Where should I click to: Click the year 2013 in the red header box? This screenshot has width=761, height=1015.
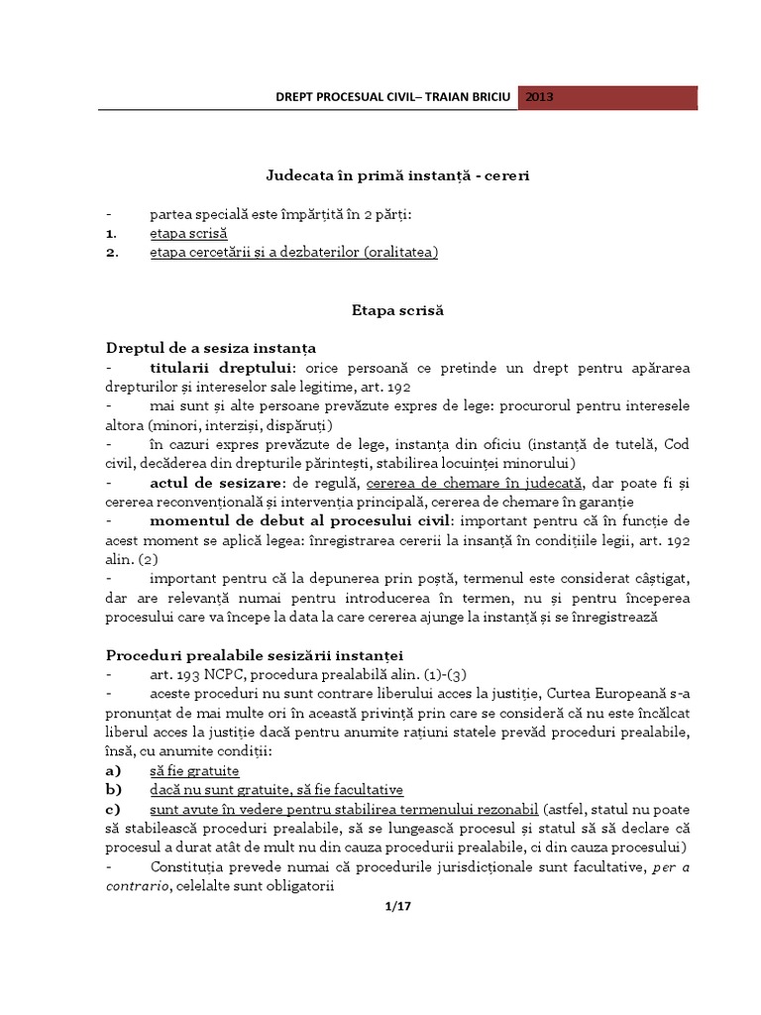coord(540,97)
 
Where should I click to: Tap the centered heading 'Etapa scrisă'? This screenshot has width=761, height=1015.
coord(384,310)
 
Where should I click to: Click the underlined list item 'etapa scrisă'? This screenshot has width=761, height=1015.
coord(188,233)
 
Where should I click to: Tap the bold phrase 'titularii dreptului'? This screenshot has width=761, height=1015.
coord(208,368)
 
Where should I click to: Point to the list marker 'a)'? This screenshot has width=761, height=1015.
coord(114,770)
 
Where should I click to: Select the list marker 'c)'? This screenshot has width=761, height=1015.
coord(114,809)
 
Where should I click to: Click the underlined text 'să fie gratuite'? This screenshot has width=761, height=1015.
coord(194,770)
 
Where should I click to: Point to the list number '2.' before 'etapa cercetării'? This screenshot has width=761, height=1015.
coord(112,253)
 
